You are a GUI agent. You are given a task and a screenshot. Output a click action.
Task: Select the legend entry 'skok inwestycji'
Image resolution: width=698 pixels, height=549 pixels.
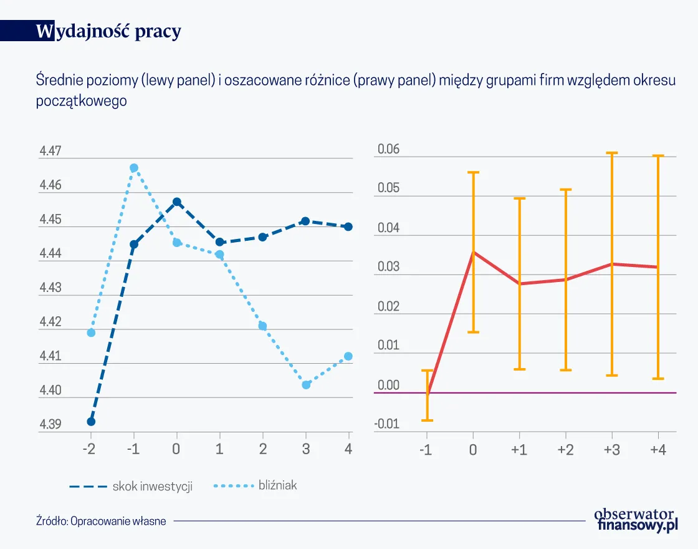tap(152, 487)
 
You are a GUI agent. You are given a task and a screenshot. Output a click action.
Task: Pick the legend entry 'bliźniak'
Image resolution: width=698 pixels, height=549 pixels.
tap(277, 485)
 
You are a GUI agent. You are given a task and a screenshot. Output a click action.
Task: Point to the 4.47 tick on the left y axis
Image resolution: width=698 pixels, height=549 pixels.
tap(50, 151)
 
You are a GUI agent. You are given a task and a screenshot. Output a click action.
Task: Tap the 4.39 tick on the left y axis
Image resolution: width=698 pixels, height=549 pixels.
tap(50, 425)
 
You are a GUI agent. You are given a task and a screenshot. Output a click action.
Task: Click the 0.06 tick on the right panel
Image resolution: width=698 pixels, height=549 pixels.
tap(388, 150)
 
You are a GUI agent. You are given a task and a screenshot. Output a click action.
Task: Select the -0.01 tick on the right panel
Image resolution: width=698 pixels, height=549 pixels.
tap(387, 425)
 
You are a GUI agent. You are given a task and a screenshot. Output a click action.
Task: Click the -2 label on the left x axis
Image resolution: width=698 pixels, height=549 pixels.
tap(90, 449)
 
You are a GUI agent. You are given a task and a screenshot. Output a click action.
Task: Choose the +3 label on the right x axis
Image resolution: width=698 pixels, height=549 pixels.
tap(611, 449)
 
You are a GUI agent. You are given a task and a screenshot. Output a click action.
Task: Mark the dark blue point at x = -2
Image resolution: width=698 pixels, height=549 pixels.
tap(91, 421)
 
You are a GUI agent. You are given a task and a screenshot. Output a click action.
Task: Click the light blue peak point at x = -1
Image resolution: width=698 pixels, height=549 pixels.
tap(134, 168)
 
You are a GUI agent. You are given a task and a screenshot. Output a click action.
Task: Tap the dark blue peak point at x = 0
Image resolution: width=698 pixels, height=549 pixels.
tap(177, 202)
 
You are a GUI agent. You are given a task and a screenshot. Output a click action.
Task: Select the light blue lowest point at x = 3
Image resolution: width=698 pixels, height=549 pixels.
tap(306, 385)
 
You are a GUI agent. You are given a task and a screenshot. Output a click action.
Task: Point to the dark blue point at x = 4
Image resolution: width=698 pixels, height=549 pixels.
tap(348, 226)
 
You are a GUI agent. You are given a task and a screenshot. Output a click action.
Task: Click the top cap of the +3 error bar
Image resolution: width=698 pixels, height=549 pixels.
tap(612, 153)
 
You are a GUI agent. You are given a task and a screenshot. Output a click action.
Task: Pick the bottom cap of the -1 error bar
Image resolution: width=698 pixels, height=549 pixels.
tap(427, 420)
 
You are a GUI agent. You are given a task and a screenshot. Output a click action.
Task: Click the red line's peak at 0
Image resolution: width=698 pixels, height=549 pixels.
tap(473, 252)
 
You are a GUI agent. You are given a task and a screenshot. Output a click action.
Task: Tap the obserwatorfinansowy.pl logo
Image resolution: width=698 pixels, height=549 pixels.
tap(635, 520)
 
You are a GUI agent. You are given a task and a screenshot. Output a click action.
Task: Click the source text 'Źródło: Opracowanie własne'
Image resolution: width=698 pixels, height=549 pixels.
tap(101, 521)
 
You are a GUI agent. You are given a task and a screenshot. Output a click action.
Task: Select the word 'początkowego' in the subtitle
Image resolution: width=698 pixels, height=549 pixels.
tap(82, 100)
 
